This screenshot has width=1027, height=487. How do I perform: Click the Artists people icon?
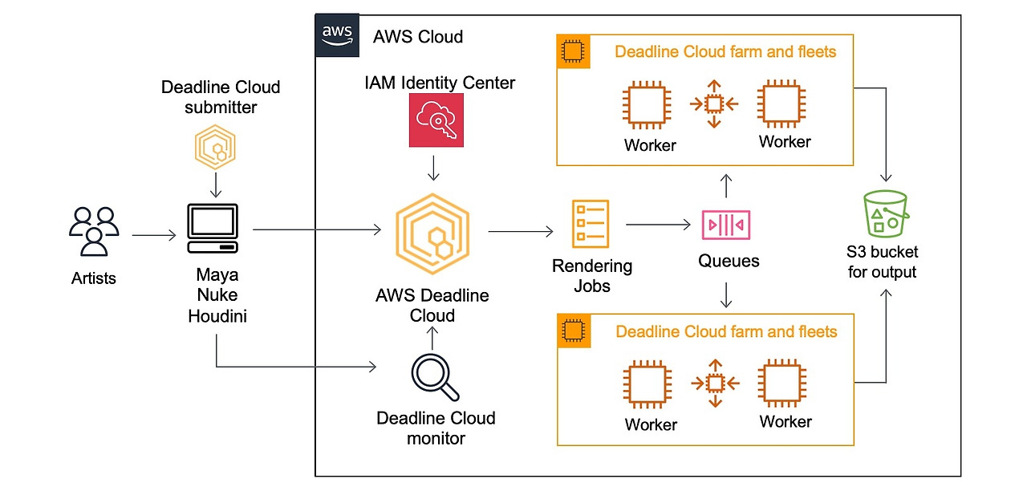click(94, 232)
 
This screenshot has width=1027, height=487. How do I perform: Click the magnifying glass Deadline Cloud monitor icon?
click(434, 378)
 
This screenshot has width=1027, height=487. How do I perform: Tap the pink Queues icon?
click(726, 225)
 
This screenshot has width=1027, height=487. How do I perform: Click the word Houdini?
click(217, 316)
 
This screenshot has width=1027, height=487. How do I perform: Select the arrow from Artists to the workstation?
click(153, 235)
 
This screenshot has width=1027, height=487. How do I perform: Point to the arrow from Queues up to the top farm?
click(726, 186)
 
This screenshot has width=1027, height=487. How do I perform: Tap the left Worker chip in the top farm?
click(649, 104)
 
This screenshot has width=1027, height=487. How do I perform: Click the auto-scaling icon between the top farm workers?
click(714, 104)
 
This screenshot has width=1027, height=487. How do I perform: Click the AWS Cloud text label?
click(418, 37)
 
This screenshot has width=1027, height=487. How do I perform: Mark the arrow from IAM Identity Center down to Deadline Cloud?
click(433, 168)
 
